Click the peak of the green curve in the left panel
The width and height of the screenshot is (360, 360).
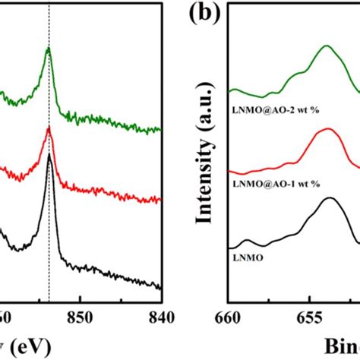(x=49, y=49)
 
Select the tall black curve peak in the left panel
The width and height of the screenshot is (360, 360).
(x=49, y=156)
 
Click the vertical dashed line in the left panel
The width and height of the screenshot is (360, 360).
(x=49, y=228)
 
